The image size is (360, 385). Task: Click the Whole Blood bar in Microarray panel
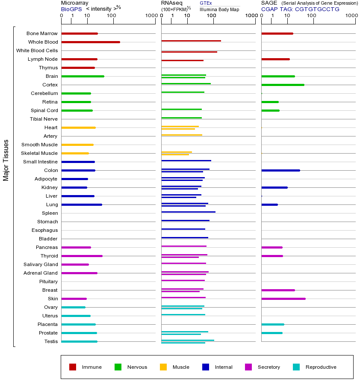tap(91, 42)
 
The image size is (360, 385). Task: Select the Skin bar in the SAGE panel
tap(283, 299)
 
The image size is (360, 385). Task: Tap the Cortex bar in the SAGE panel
tap(283, 85)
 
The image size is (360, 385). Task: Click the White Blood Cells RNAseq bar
tap(189, 52)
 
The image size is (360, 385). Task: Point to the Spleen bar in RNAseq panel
tap(188, 212)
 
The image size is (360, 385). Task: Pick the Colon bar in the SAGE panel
tap(280, 170)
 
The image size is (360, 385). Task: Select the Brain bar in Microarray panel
tap(83, 76)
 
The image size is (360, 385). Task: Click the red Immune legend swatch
tap(73, 367)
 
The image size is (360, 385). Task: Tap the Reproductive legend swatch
tap(296, 367)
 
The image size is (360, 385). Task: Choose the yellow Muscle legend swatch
tap(163, 367)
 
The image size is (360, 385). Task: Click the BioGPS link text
tap(71, 9)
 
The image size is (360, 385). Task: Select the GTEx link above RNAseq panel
tap(206, 3)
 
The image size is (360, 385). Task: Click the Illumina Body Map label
tap(219, 9)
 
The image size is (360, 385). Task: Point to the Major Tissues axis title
tap(6, 160)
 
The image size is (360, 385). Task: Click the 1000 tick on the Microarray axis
tap(150, 16)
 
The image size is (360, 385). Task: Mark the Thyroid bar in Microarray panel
tap(82, 256)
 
